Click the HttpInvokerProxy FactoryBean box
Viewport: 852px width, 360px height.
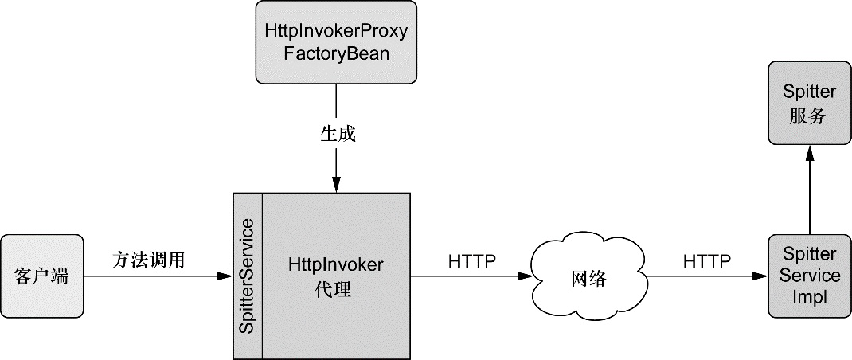[x=336, y=42]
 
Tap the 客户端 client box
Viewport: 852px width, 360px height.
[x=42, y=276]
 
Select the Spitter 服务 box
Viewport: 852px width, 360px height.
[x=809, y=104]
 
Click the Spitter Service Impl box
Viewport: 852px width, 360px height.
[x=809, y=276]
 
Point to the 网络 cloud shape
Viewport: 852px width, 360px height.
[x=588, y=278]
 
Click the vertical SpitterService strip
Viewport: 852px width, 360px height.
[x=247, y=276]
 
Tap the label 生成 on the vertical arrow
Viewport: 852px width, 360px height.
[x=337, y=134]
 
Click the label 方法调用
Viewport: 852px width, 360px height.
[x=148, y=259]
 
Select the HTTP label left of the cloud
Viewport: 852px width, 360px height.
[x=472, y=260]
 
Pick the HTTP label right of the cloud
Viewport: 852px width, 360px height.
[x=707, y=260]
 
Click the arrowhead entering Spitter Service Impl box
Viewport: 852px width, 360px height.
[x=760, y=276]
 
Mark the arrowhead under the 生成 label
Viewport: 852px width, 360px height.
[x=336, y=185]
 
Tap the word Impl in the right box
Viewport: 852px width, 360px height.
[x=809, y=295]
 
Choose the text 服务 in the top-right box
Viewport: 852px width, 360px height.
[x=809, y=115]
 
